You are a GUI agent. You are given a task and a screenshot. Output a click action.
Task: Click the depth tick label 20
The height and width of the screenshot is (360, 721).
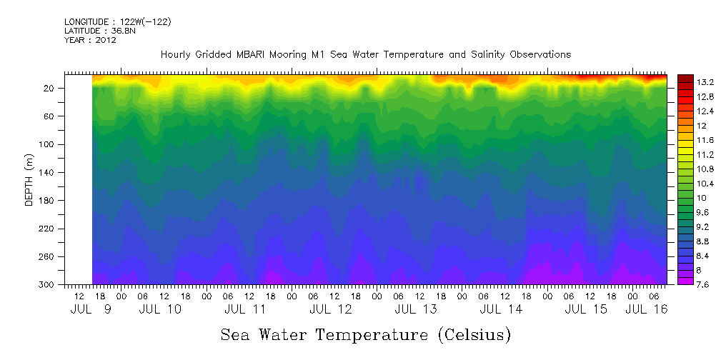(50, 88)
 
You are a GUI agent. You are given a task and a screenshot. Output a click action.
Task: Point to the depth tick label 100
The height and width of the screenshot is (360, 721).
(48, 144)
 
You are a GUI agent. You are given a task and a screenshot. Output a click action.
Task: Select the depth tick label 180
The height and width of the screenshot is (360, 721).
(48, 201)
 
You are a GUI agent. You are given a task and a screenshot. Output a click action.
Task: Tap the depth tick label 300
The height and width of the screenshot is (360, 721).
(48, 285)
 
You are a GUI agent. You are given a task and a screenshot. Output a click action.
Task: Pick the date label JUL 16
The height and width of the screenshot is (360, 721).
(647, 309)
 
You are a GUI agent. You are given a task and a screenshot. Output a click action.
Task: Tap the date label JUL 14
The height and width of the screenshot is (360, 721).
(500, 309)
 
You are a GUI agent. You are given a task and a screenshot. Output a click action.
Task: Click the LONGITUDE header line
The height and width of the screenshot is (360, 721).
(117, 22)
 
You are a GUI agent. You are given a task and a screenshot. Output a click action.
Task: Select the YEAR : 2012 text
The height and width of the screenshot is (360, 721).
(90, 40)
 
